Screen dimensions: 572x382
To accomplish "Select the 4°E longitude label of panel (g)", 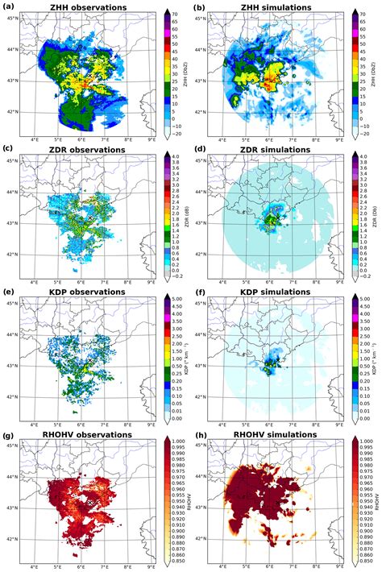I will click(34, 567).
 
